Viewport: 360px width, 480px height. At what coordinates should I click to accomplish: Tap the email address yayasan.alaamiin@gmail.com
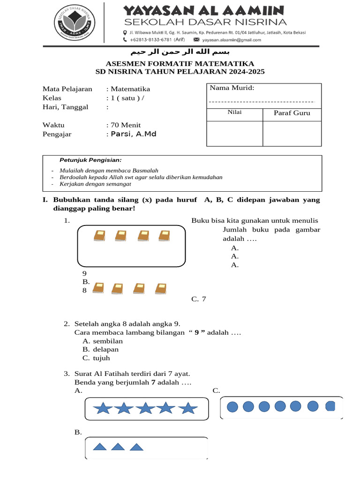[232, 40]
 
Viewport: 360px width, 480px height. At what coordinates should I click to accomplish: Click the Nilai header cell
[234, 112]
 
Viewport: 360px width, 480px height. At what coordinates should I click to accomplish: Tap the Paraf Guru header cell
[292, 113]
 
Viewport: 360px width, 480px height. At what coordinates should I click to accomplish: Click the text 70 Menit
[125, 125]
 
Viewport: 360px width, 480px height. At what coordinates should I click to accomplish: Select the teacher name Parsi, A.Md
[133, 134]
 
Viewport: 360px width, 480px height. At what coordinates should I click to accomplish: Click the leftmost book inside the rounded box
[99, 236]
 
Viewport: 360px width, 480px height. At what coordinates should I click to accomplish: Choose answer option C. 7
[199, 299]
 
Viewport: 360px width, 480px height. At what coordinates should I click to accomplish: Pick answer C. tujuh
[96, 358]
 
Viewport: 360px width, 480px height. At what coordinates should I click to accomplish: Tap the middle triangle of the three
[118, 447]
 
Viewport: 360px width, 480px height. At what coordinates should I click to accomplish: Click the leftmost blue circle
[233, 406]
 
